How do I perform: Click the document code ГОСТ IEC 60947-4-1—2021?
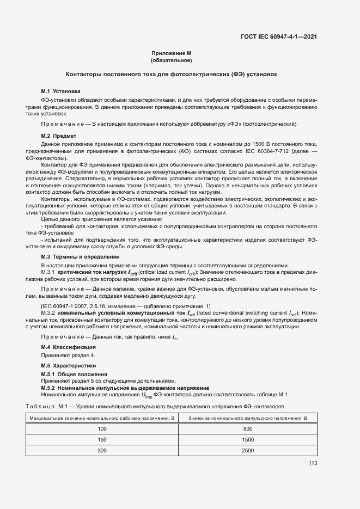pyautogui.click(x=280, y=37)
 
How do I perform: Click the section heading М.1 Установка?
pyautogui.click(x=61, y=91)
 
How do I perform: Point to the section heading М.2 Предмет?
pyautogui.click(x=59, y=135)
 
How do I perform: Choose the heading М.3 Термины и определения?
pyautogui.click(x=77, y=256)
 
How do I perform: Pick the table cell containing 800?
pyautogui.click(x=248, y=429)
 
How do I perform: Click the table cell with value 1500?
pyautogui.click(x=248, y=439)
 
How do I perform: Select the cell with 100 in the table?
pyautogui.click(x=102, y=429)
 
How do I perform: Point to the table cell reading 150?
pyautogui.click(x=102, y=439)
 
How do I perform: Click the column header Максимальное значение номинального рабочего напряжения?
pyautogui.click(x=102, y=418)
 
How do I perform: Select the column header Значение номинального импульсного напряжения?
pyautogui.click(x=248, y=418)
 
